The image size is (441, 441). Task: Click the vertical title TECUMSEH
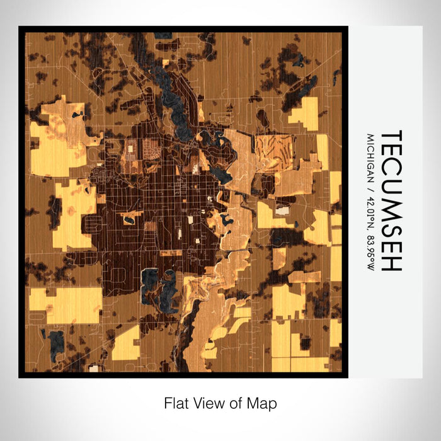point(391,201)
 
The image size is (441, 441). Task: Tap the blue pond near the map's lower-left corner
point(57,341)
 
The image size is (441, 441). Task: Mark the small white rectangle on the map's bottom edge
point(94,368)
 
